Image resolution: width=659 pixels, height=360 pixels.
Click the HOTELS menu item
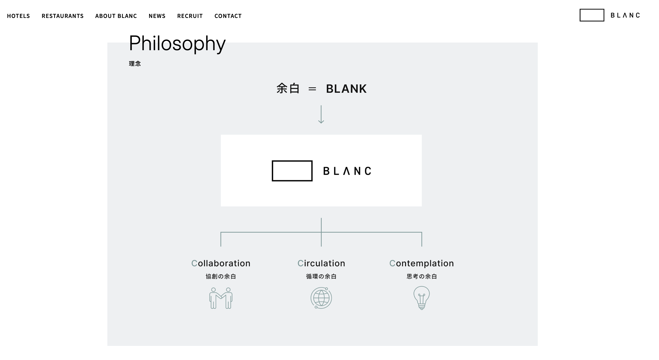(18, 16)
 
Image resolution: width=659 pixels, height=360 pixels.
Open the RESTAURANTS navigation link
(62, 16)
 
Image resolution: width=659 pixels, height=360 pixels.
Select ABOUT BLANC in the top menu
(116, 16)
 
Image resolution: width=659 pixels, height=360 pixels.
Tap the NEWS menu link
(157, 16)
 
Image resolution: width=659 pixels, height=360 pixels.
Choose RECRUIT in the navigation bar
(190, 16)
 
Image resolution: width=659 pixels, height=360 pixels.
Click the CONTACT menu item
(228, 16)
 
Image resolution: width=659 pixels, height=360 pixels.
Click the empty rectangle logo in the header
(592, 15)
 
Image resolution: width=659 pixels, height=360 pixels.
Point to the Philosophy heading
(177, 44)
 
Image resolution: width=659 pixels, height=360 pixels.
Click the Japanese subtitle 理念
(135, 63)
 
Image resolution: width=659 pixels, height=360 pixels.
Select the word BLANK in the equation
(346, 89)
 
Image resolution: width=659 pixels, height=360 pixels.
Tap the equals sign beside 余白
(312, 89)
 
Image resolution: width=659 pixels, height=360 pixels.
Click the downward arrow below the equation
(321, 114)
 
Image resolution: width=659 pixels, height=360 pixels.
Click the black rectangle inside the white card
(292, 171)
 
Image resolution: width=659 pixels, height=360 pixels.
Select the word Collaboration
(221, 263)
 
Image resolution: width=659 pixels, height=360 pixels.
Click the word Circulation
(321, 263)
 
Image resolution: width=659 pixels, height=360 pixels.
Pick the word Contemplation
(421, 263)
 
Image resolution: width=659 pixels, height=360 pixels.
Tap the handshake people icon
(221, 298)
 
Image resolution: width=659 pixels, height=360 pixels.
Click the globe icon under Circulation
(321, 298)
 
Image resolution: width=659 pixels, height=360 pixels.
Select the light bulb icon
(421, 298)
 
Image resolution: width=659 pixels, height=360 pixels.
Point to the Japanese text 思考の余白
(422, 276)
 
